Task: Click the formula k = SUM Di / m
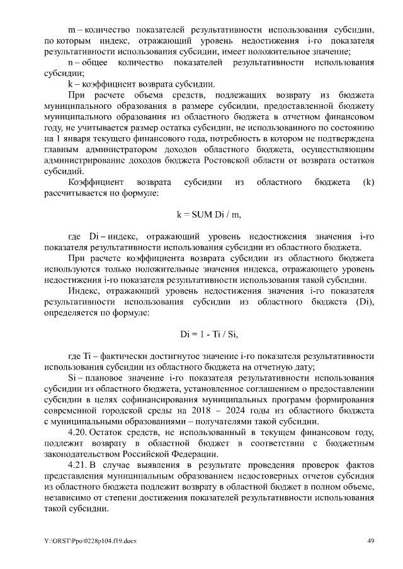(x=209, y=214)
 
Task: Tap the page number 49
(x=372, y=541)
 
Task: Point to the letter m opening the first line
(x=71, y=29)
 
